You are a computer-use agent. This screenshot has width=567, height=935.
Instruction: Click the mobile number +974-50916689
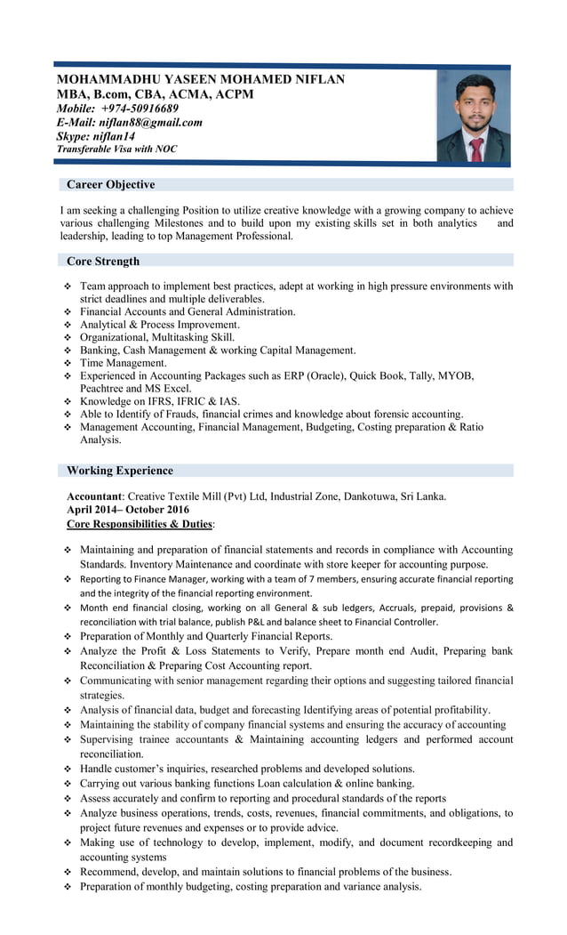[x=140, y=109]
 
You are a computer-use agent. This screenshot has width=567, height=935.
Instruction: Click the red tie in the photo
[x=475, y=149]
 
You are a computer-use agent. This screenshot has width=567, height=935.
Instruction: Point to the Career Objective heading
[x=110, y=185]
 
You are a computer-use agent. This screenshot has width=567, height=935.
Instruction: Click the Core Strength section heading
[x=103, y=262]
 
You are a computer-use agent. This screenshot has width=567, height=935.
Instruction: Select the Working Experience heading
[x=120, y=471]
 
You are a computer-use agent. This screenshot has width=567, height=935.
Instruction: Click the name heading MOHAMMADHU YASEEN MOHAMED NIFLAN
[x=200, y=79]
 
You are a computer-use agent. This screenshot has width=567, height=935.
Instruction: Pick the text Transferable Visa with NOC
[x=116, y=149]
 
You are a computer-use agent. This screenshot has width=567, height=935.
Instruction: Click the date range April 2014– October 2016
[x=128, y=510]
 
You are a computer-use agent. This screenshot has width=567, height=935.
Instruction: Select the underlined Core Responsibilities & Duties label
[x=140, y=524]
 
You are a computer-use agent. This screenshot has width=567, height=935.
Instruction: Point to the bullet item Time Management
[x=124, y=363]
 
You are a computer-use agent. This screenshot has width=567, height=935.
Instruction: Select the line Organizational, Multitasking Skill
[x=157, y=337]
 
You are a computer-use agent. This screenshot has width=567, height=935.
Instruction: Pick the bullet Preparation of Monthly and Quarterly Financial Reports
[x=206, y=636]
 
